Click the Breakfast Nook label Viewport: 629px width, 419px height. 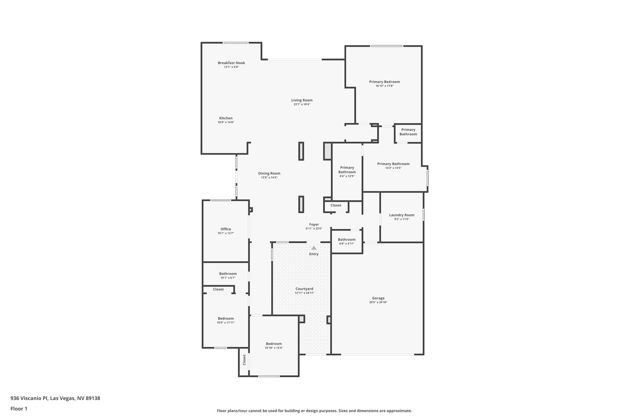[x=231, y=63]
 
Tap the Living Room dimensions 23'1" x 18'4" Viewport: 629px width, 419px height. [x=302, y=104]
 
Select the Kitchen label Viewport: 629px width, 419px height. [x=226, y=118]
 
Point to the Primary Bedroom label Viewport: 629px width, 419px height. [x=384, y=82]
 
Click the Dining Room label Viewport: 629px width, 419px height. [x=269, y=173]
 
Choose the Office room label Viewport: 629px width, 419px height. [x=225, y=229]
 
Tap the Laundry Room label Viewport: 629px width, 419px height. [x=401, y=215]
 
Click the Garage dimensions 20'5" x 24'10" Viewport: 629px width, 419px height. [x=378, y=302]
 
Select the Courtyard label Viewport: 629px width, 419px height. [x=304, y=289]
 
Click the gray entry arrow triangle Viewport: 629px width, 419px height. [x=314, y=248]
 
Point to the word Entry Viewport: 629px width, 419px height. [x=314, y=254]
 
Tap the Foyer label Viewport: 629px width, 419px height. [x=314, y=225]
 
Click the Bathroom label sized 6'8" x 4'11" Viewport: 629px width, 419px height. [x=346, y=240]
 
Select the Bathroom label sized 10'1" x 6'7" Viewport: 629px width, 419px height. [x=228, y=274]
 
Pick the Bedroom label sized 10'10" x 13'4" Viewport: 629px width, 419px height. [x=274, y=344]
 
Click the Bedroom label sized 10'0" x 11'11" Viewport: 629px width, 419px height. [x=226, y=319]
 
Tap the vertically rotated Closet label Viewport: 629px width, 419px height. [x=244, y=360]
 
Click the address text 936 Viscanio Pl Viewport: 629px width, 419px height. [x=29, y=398]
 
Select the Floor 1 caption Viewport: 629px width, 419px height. [x=19, y=409]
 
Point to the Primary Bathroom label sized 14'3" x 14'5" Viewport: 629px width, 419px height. [x=393, y=164]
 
